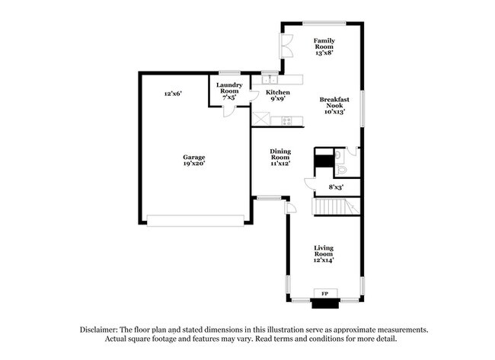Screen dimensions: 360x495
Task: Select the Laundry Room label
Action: click(x=229, y=91)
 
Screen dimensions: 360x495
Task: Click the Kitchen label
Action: click(x=277, y=95)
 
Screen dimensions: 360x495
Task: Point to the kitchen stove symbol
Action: click(x=287, y=119)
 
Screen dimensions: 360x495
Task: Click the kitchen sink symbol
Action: click(x=270, y=79)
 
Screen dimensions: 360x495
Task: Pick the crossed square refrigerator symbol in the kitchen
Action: click(x=263, y=119)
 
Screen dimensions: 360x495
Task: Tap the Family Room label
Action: click(x=324, y=45)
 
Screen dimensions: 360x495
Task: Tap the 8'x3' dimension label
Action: click(x=335, y=186)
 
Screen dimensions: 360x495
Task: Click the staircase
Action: click(x=336, y=206)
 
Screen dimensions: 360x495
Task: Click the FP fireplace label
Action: click(x=324, y=293)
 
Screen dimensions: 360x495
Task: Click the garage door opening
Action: click(x=196, y=220)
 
